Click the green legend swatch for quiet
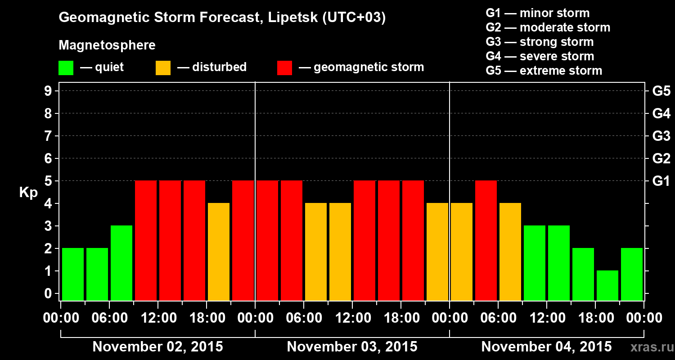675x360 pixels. click(x=66, y=67)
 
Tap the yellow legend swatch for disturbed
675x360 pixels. click(x=163, y=67)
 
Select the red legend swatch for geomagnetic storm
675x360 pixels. click(x=284, y=67)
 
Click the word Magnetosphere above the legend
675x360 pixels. click(x=107, y=45)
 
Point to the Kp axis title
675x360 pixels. click(x=28, y=193)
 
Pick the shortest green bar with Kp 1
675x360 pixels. click(x=607, y=285)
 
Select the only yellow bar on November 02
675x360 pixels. click(x=219, y=252)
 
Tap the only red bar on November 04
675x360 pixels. click(x=486, y=240)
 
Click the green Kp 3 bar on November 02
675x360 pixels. click(x=121, y=263)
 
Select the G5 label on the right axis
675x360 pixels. click(x=661, y=91)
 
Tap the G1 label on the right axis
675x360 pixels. click(x=661, y=181)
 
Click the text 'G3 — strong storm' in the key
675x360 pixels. click(x=540, y=42)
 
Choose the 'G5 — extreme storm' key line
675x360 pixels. click(x=544, y=71)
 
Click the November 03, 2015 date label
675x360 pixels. click(x=352, y=347)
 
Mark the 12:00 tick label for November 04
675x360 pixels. click(x=546, y=318)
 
